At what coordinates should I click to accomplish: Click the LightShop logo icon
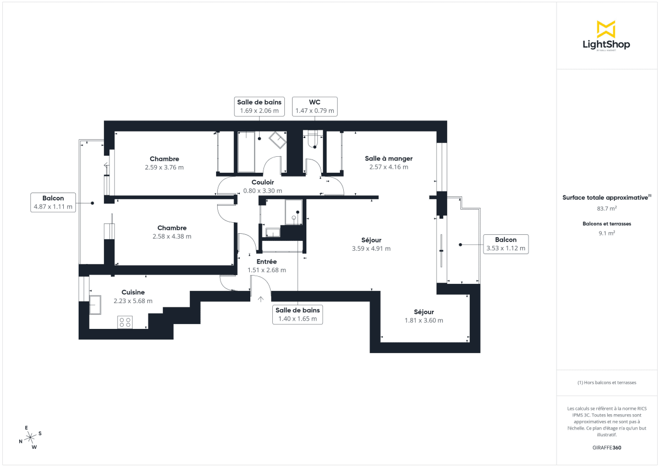click(606, 30)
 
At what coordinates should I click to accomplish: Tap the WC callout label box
click(315, 106)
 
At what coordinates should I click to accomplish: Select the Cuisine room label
click(133, 293)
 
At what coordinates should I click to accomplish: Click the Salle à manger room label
click(388, 158)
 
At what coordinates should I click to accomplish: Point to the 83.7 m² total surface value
click(606, 208)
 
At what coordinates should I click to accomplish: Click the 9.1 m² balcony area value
click(606, 233)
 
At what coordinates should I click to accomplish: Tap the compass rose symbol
click(30, 437)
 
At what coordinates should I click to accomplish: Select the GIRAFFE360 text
click(606, 448)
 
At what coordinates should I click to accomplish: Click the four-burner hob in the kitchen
click(125, 322)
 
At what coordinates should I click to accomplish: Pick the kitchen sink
click(95, 304)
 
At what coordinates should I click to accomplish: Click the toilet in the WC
click(313, 141)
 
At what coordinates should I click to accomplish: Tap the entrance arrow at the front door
click(261, 299)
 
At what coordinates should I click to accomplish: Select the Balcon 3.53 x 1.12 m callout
click(505, 244)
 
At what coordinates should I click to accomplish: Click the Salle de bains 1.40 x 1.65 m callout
click(298, 314)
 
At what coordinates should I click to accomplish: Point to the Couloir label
click(263, 183)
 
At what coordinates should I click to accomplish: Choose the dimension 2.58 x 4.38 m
click(172, 237)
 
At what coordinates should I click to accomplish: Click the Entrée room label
click(267, 262)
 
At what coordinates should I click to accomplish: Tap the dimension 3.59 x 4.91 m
click(371, 249)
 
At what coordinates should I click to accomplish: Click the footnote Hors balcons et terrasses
click(606, 382)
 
